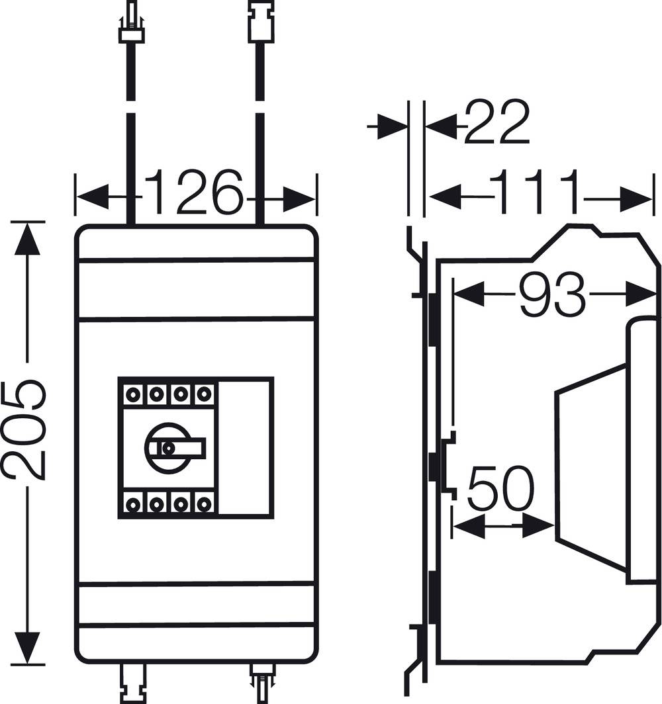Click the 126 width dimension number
194,193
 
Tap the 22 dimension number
496,123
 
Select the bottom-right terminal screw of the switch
203,504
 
